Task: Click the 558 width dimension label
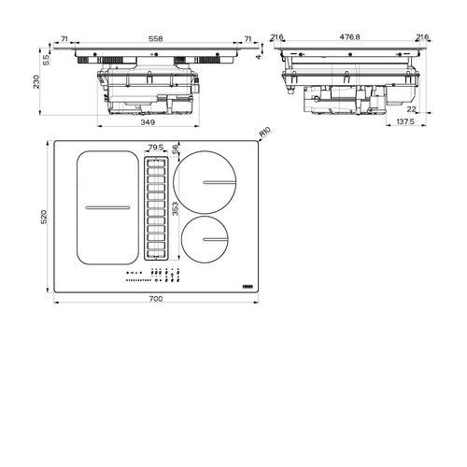(155, 39)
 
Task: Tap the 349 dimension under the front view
(148, 122)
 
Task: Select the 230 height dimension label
(36, 81)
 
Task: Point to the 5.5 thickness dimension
(46, 60)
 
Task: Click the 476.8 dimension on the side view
(349, 36)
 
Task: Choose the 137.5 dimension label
(405, 121)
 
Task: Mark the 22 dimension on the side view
(411, 109)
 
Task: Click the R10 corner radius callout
(265, 133)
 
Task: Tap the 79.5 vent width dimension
(156, 147)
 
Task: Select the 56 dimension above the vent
(176, 149)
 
